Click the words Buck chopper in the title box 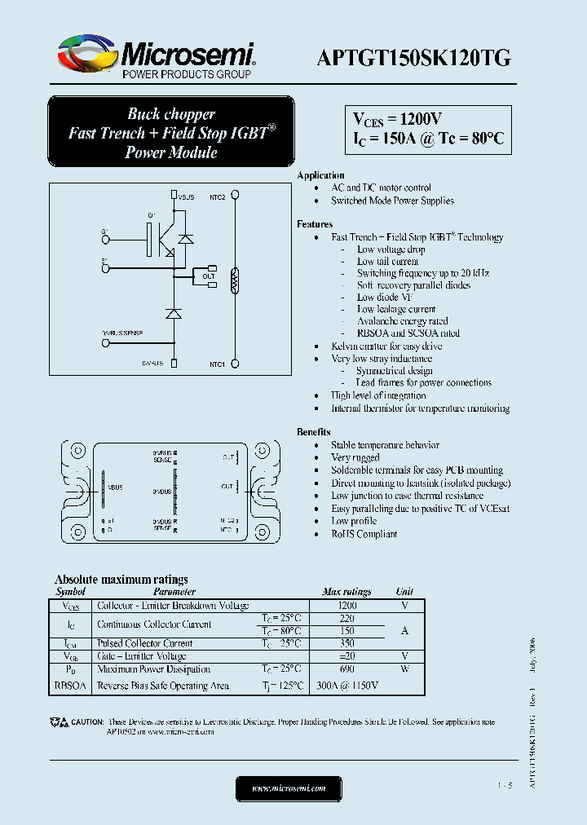171,114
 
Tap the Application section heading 320,175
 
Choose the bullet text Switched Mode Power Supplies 392,201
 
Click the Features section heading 315,224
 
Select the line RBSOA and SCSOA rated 408,333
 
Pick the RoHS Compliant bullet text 364,534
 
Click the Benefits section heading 314,432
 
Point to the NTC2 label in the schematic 217,196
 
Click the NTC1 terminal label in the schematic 217,364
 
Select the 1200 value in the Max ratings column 347,607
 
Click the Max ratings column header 346,592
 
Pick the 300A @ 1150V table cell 347,686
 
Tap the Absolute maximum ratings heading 121,580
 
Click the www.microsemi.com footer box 289,788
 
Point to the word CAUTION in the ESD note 87,722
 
